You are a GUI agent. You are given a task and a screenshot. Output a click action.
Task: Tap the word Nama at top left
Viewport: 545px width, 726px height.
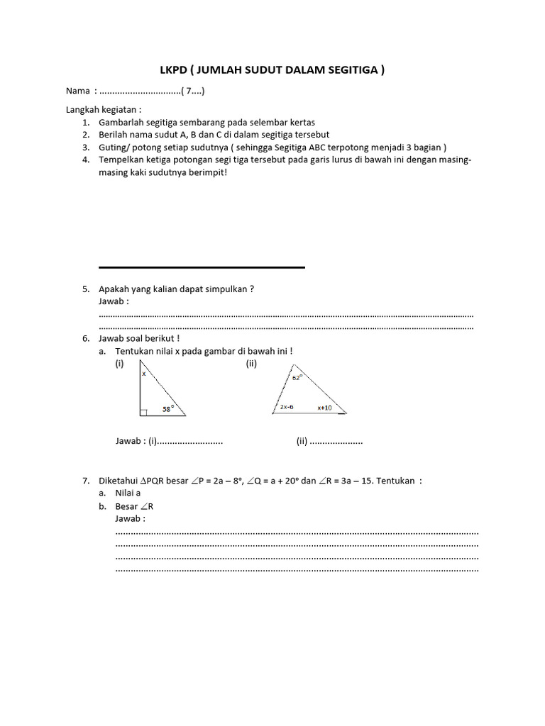[x=78, y=91]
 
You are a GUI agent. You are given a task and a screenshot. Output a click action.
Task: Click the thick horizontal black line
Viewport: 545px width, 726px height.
[x=202, y=267]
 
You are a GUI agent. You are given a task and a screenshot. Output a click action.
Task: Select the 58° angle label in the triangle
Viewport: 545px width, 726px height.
[x=168, y=408]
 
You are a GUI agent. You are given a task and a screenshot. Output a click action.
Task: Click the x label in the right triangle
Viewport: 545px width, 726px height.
[x=143, y=373]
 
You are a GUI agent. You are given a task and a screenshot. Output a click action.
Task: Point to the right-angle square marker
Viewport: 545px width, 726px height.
[x=143, y=411]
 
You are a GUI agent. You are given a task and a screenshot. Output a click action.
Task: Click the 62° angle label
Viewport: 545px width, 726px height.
[x=297, y=378]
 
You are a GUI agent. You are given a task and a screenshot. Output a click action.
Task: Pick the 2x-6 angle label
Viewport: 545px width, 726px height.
[x=287, y=407]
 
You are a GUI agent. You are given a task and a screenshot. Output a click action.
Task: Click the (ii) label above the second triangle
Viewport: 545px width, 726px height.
[x=251, y=363]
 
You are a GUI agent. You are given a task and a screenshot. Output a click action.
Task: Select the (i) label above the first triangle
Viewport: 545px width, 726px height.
[x=120, y=363]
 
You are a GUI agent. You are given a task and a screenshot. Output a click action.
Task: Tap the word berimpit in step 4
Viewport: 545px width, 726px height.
[x=206, y=172]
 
